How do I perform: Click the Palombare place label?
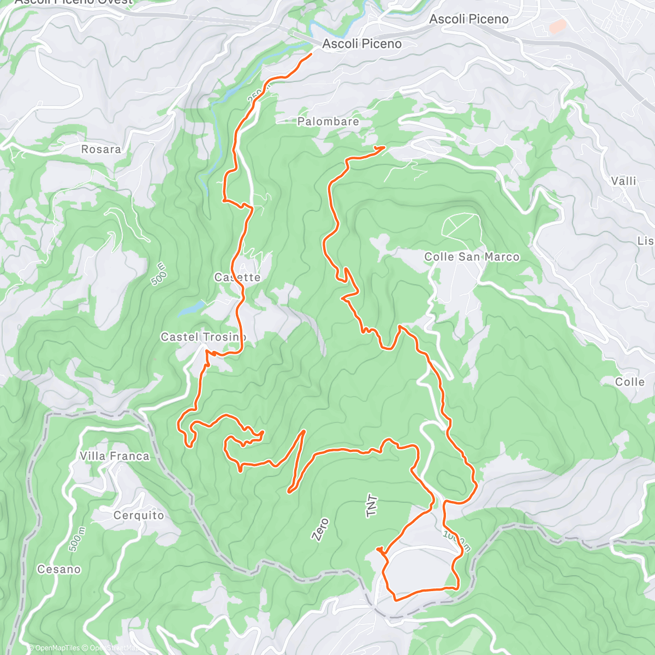point(328,122)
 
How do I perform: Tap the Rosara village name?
point(101,149)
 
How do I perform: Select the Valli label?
point(623,181)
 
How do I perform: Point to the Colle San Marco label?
point(472,257)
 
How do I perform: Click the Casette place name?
point(237,277)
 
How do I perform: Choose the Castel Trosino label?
point(203,337)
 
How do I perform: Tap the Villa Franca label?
point(115,456)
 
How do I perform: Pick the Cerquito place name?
point(139,515)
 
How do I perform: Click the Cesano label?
point(59,569)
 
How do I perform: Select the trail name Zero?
point(320,529)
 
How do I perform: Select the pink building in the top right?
point(557,26)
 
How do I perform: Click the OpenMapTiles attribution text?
point(55,648)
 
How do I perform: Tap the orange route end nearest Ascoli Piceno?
point(311,54)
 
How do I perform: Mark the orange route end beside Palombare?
point(384,147)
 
